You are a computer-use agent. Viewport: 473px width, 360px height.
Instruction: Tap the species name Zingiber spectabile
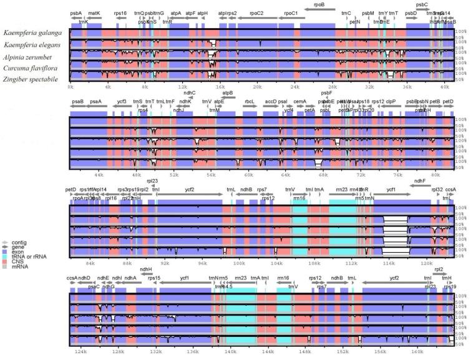coord(31,79)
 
